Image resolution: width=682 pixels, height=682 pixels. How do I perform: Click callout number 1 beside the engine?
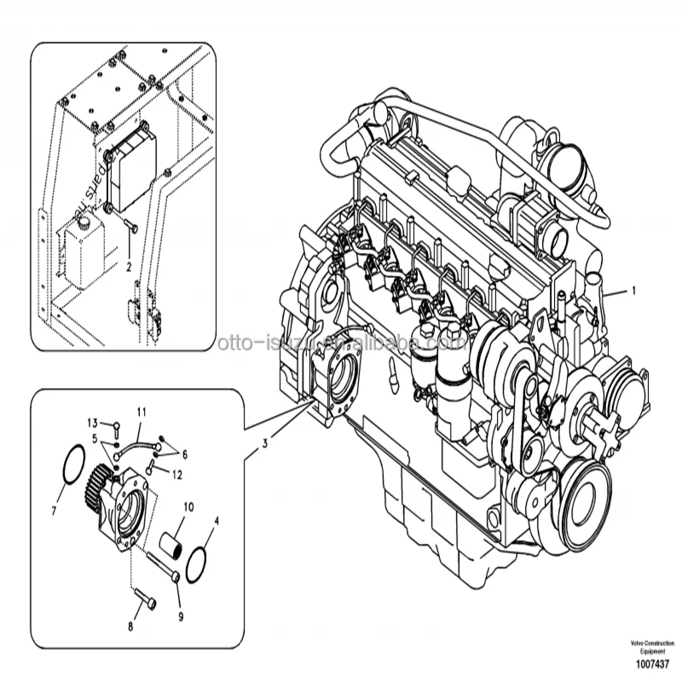633,290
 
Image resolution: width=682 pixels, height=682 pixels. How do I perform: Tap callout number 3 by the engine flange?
265,442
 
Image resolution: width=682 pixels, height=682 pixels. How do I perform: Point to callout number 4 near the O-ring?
215,519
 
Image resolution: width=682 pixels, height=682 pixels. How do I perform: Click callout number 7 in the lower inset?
55,512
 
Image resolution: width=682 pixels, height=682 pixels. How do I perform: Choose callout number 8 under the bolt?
130,627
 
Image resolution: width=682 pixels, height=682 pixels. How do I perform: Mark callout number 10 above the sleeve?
188,506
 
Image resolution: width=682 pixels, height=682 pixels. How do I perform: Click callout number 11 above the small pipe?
142,413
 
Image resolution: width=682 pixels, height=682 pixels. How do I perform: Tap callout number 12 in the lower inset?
178,472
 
